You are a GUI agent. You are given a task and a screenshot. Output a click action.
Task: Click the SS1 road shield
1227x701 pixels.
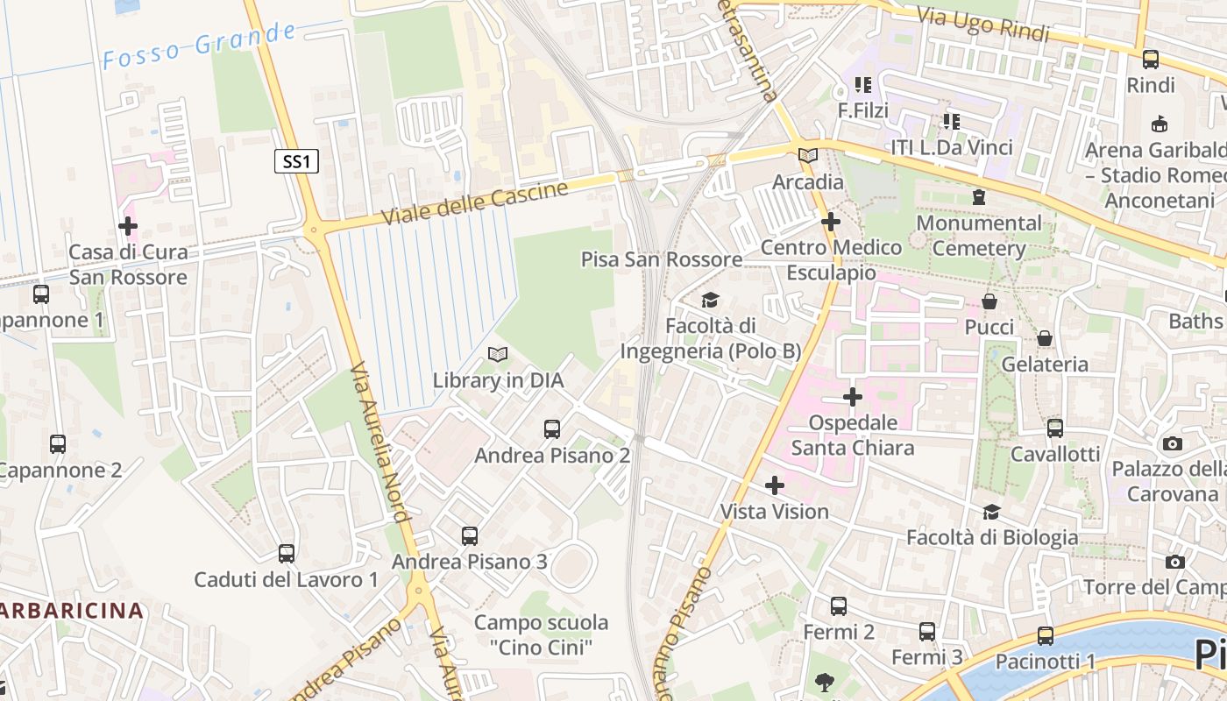click(296, 161)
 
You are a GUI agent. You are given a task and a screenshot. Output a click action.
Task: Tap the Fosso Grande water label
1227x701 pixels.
click(200, 46)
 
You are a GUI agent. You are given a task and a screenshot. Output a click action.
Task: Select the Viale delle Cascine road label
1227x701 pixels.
click(475, 202)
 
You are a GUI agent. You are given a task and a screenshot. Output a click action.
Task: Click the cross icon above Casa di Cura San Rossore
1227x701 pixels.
click(128, 226)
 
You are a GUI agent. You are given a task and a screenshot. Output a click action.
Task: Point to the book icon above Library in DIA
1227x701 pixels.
click(498, 355)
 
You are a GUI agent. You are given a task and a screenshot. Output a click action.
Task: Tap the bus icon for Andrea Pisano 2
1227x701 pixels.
click(552, 429)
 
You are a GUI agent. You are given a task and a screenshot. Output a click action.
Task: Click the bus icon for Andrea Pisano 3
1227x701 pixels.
click(470, 535)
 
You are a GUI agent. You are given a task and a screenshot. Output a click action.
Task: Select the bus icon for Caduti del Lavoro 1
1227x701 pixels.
click(287, 554)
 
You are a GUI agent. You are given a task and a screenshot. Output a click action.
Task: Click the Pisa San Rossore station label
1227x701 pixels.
click(662, 259)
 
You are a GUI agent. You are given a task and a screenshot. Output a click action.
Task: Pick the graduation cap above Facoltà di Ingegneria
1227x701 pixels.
click(710, 301)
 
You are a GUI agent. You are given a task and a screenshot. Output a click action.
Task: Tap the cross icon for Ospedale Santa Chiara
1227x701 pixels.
click(853, 398)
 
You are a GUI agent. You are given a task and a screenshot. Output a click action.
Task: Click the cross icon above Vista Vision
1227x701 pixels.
click(775, 485)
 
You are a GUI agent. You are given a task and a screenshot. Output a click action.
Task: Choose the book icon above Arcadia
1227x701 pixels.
click(808, 156)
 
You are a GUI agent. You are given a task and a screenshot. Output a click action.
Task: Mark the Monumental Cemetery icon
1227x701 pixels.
click(978, 198)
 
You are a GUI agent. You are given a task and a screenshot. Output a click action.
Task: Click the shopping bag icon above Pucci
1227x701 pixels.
click(989, 301)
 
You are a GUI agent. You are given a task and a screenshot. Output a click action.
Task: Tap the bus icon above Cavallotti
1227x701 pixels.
click(1055, 428)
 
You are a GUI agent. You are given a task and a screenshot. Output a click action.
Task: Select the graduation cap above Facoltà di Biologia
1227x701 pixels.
click(992, 512)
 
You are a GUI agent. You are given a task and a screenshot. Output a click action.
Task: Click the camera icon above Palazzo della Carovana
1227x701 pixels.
click(1173, 444)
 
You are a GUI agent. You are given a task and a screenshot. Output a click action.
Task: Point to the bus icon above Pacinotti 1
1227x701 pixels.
click(1046, 636)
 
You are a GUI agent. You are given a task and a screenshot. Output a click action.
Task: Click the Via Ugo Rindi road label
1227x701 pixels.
click(982, 25)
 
